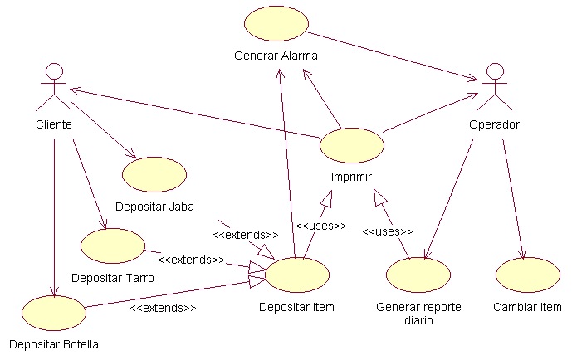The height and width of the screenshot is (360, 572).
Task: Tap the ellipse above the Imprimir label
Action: [352, 146]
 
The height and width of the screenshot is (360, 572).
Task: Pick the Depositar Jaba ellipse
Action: [154, 174]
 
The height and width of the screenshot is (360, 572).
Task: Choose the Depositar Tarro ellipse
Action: [114, 246]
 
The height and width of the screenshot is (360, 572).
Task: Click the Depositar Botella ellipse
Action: [54, 312]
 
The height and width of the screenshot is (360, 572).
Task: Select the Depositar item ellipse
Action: [296, 275]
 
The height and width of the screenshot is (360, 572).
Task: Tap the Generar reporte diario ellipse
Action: [418, 275]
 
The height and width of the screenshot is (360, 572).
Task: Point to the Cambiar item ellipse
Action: [528, 275]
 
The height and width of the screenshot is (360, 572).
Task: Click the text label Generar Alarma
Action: [276, 56]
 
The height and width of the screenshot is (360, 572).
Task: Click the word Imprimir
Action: [352, 177]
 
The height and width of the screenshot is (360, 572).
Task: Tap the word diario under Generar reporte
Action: [418, 320]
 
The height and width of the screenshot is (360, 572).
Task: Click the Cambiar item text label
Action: [528, 307]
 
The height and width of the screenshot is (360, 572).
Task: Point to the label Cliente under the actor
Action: [54, 124]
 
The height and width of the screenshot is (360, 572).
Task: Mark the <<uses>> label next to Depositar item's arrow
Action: [320, 225]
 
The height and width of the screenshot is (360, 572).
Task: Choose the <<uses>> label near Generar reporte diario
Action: [387, 231]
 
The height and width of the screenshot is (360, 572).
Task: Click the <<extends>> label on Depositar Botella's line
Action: [163, 308]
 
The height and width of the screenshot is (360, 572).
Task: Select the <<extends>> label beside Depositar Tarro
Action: [191, 260]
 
